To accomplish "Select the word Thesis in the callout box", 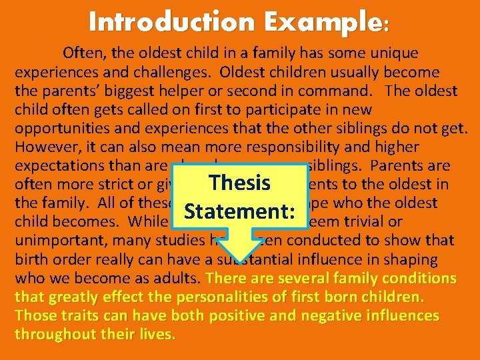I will [x=239, y=183].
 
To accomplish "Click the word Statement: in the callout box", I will [x=240, y=211].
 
